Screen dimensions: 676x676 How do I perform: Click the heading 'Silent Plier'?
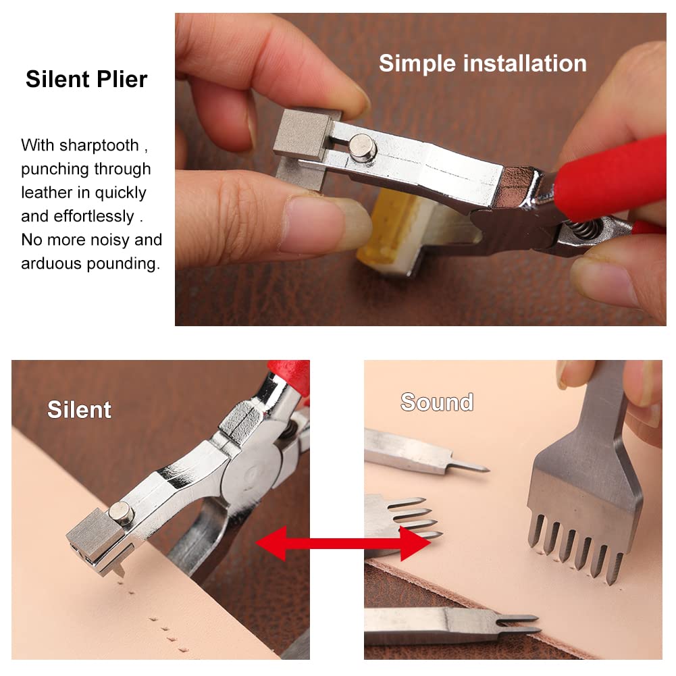pos(86,80)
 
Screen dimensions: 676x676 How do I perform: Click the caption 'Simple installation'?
pos(482,63)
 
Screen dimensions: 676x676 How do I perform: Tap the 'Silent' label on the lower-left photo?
pos(79,410)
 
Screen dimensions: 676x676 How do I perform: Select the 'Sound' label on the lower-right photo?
pos(437,402)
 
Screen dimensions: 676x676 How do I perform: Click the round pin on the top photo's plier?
pos(363,147)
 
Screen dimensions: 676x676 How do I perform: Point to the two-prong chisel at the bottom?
pos(452,625)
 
